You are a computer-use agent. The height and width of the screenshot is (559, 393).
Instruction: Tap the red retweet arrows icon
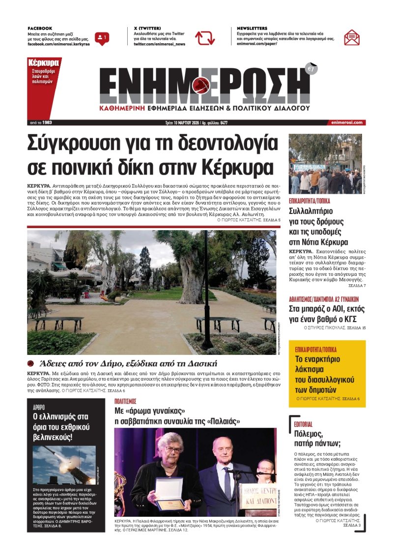click(205, 38)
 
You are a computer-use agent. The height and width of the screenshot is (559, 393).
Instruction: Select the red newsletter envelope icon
click(352, 37)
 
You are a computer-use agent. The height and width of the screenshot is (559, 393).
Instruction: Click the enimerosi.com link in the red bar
click(347, 122)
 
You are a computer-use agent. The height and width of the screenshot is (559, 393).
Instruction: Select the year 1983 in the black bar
click(47, 122)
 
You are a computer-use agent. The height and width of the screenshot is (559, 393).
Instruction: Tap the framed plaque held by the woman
click(169, 494)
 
